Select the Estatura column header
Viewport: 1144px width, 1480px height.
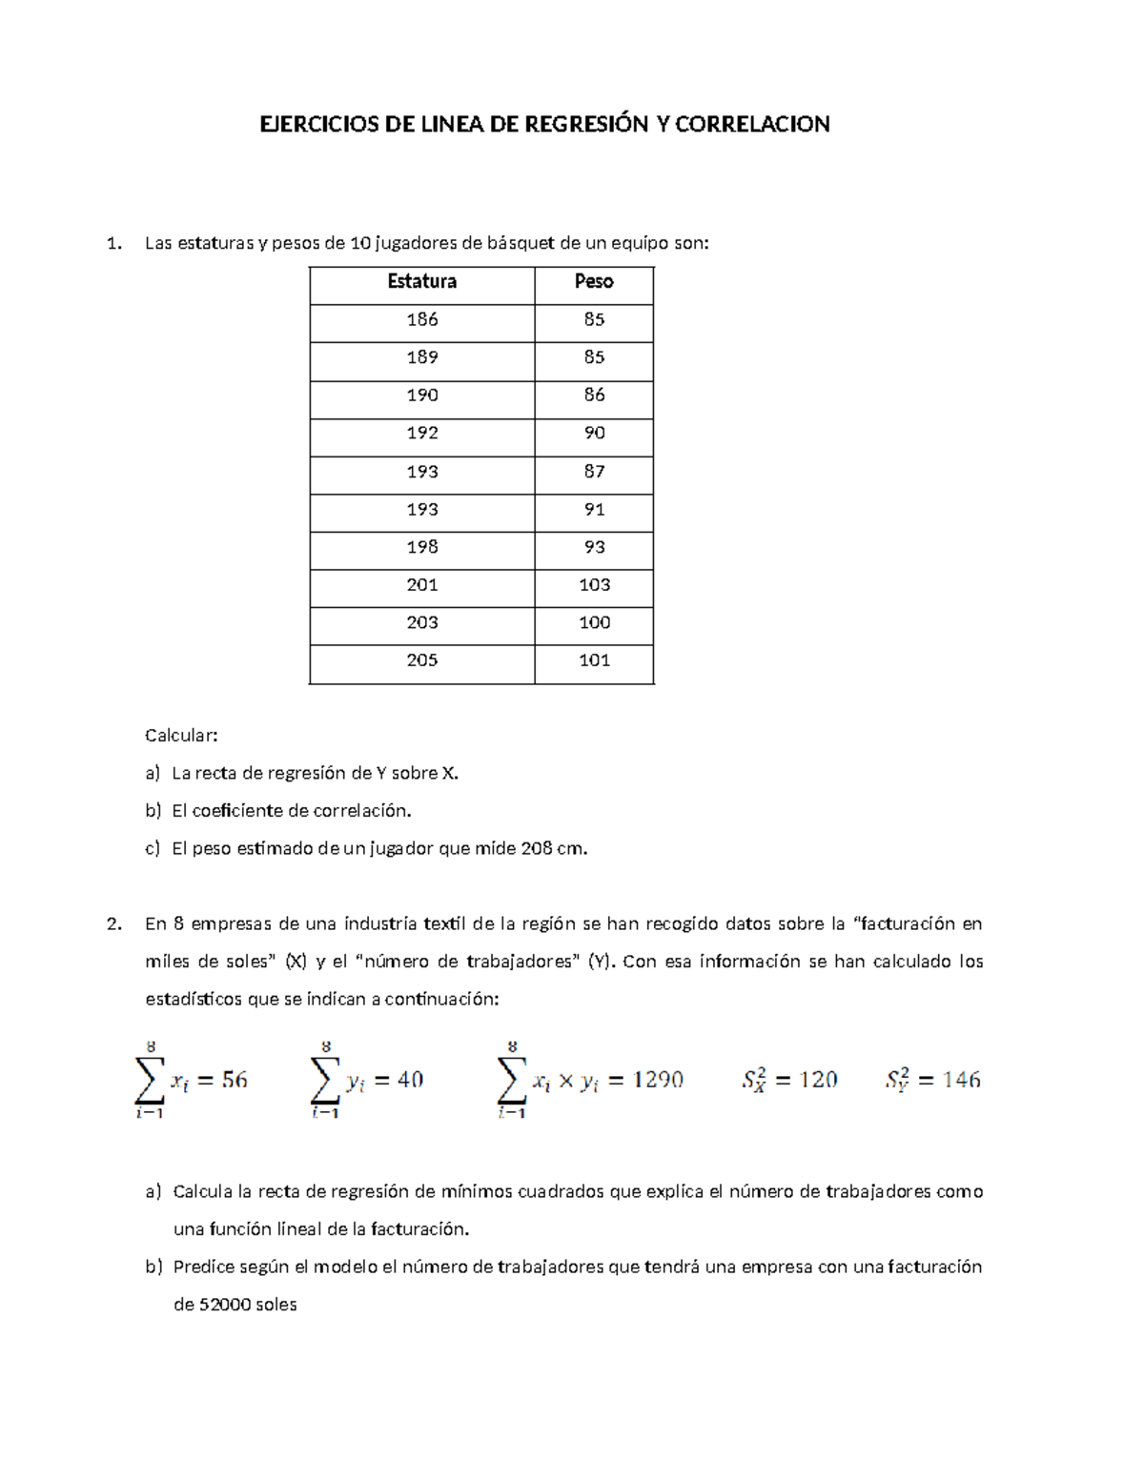(x=421, y=281)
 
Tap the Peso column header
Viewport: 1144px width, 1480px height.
(x=594, y=281)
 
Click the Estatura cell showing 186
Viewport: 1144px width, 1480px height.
(x=421, y=319)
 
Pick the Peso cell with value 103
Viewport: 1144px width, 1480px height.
(x=594, y=584)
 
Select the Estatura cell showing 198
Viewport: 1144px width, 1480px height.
(x=421, y=547)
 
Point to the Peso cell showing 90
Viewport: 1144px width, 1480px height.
(x=594, y=433)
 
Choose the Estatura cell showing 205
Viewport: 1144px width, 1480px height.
(x=421, y=660)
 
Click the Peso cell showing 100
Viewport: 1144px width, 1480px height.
(x=594, y=622)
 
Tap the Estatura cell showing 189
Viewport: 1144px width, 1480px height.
(x=421, y=357)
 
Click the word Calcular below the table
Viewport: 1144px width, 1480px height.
(x=181, y=735)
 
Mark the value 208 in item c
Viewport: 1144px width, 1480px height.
(x=536, y=848)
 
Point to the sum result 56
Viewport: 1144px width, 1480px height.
(x=235, y=1080)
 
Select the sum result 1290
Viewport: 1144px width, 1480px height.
(x=658, y=1080)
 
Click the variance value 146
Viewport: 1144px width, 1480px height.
(x=961, y=1080)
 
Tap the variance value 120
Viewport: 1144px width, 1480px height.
(x=818, y=1080)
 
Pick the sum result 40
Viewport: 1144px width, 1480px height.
(x=410, y=1080)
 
